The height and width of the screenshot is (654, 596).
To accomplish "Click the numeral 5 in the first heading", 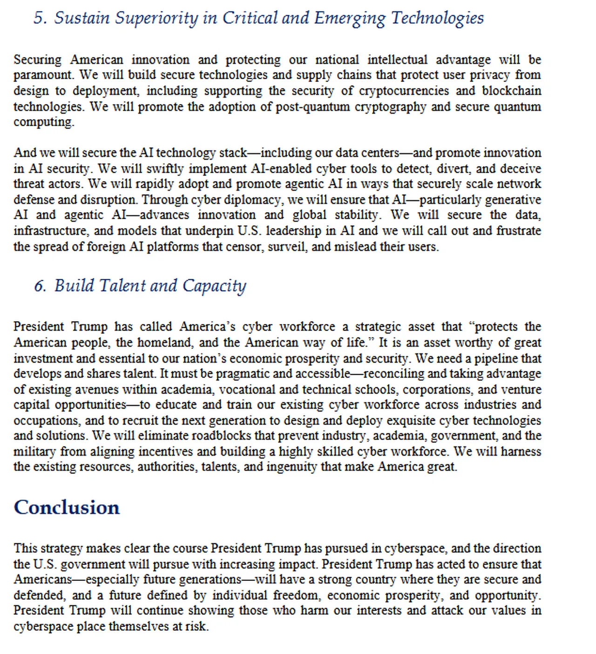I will click(x=40, y=18).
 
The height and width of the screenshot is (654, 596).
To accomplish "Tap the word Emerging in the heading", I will click(x=350, y=18).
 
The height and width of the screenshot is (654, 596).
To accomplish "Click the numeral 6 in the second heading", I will click(x=40, y=286).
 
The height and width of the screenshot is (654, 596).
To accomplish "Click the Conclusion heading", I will click(x=67, y=507).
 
